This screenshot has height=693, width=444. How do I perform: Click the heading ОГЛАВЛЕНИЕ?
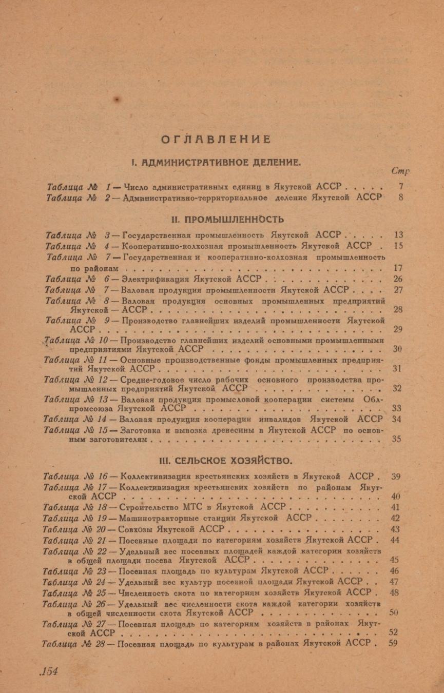coord(216,139)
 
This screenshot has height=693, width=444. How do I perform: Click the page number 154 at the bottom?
coord(50,671)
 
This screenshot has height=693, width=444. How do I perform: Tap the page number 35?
coord(397,440)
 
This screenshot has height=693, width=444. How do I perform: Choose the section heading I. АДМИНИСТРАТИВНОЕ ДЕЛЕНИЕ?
coord(216,163)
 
